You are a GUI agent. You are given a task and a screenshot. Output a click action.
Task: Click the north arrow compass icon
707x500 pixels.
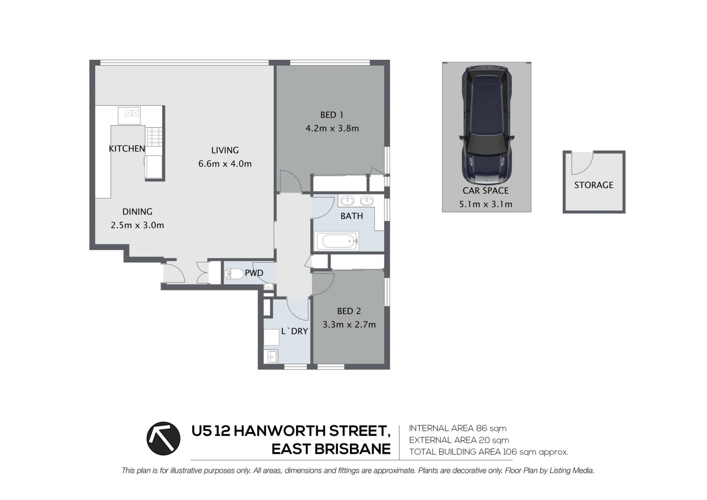click(x=163, y=439)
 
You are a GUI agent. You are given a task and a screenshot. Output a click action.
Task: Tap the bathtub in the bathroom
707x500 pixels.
click(x=336, y=241)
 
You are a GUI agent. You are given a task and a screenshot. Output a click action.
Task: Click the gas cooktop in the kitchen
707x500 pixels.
click(x=154, y=137)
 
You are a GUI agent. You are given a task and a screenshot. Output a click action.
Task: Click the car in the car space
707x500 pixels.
click(x=486, y=125)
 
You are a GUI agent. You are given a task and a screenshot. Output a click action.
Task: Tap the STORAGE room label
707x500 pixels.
click(x=594, y=185)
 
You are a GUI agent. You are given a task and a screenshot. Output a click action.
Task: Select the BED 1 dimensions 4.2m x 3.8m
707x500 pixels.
click(x=332, y=128)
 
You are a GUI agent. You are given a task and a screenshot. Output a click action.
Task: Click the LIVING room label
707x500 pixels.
click(x=225, y=150)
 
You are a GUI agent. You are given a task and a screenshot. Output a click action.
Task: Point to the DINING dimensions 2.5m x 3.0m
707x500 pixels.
click(x=137, y=225)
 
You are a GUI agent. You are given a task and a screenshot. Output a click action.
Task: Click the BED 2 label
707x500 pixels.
click(x=349, y=311)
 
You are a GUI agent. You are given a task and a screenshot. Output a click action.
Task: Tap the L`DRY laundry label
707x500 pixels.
click(x=294, y=331)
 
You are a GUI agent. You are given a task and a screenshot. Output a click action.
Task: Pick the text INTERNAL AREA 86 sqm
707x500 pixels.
click(x=458, y=429)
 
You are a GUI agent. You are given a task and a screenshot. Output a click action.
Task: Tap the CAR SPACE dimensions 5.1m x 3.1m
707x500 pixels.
click(x=486, y=204)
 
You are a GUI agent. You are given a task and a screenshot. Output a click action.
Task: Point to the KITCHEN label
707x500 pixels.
click(x=127, y=149)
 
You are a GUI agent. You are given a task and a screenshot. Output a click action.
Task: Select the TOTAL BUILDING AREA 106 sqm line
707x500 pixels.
click(x=488, y=452)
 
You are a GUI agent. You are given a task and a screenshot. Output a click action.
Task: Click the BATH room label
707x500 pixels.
click(x=352, y=216)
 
